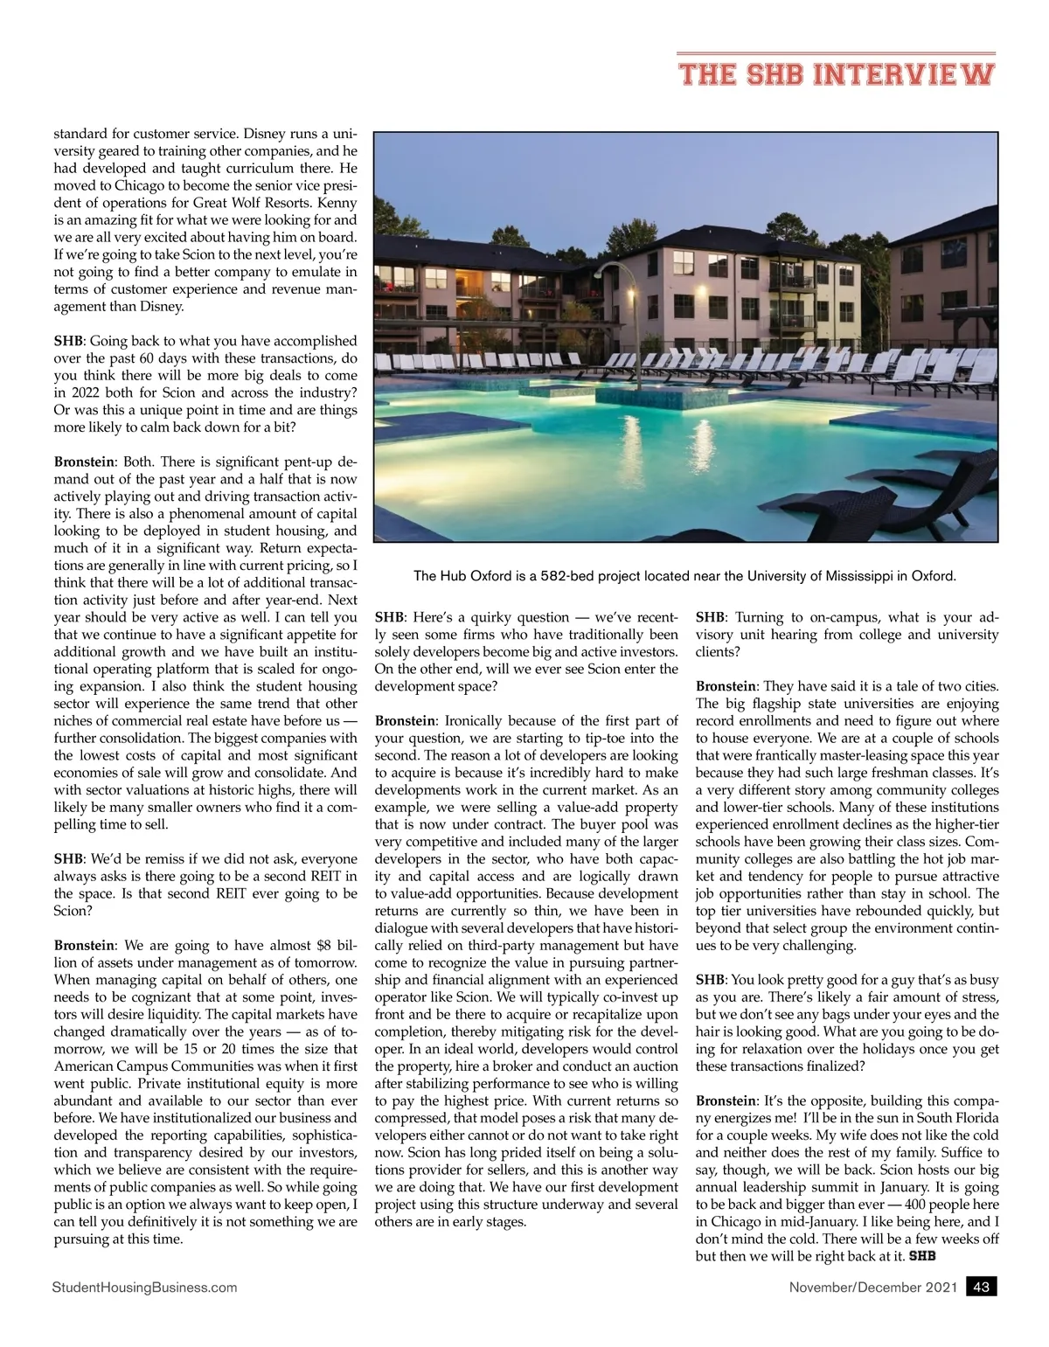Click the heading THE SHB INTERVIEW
pyautogui.click(x=837, y=73)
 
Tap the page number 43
pyautogui.click(x=981, y=1287)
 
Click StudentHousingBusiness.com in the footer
pyautogui.click(x=144, y=1287)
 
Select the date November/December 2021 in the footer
pyautogui.click(x=873, y=1287)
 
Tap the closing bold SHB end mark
pyautogui.click(x=922, y=1257)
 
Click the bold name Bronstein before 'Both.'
pyautogui.click(x=84, y=462)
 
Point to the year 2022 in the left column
pyautogui.click(x=75, y=392)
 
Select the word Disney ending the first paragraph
pyautogui.click(x=162, y=307)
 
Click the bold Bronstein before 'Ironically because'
pyautogui.click(x=405, y=721)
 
